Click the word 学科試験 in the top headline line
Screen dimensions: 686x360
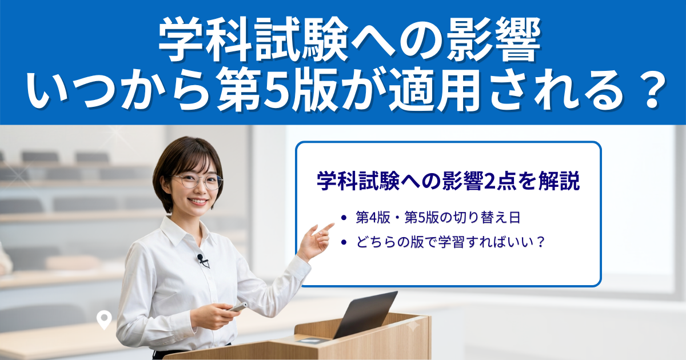253,39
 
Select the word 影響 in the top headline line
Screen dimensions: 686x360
492,39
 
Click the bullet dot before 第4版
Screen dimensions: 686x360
344,218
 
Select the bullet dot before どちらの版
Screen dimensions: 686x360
344,242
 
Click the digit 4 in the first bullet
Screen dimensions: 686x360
373,218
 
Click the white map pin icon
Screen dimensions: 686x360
104,319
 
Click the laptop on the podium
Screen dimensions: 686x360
365,315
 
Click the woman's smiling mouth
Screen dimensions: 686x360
198,201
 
